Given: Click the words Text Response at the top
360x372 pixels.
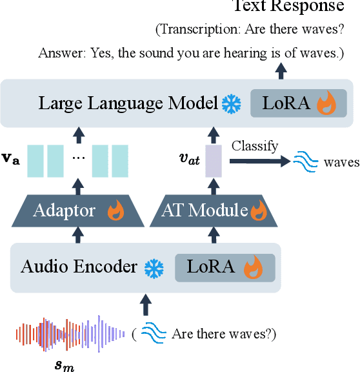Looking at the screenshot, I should (x=288, y=6).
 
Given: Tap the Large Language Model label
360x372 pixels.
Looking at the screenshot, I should (x=128, y=103).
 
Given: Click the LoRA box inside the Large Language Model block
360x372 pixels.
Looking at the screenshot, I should (x=299, y=103).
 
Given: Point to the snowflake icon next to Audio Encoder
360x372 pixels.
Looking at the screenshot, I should (x=154, y=267).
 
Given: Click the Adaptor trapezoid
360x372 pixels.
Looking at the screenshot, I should (x=77, y=210).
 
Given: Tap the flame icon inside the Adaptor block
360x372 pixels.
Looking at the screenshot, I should (x=115, y=211).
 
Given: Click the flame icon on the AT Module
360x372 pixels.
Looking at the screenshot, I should (x=258, y=211).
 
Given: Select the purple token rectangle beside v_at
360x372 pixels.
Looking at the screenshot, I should (x=213, y=161).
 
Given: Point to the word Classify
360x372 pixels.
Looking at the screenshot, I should (x=255, y=145).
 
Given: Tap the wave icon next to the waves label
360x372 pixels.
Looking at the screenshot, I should (x=305, y=161).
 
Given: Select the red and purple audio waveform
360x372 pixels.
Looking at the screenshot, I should (x=71, y=333).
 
